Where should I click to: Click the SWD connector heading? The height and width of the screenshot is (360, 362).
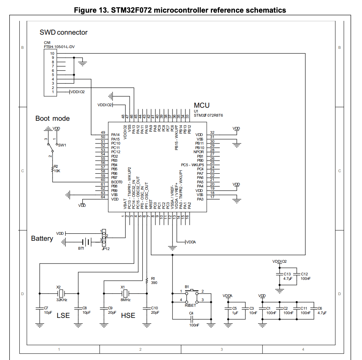[x=63, y=32]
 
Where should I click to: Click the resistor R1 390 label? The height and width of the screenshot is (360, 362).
[x=154, y=280]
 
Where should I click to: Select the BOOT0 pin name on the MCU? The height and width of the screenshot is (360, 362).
[x=117, y=182]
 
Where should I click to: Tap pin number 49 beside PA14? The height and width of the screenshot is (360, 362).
[x=103, y=133]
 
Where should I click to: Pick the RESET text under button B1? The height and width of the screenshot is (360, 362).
[x=190, y=305]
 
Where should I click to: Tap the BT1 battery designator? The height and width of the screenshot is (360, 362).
[x=81, y=248]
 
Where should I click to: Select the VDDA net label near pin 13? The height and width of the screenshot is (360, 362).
[x=191, y=242]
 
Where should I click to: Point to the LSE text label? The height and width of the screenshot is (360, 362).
[x=63, y=316]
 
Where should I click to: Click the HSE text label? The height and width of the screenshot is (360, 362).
[x=128, y=316]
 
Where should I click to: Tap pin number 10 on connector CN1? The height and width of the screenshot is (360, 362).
[x=53, y=53]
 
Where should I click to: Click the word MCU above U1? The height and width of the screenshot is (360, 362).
[x=201, y=105]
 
